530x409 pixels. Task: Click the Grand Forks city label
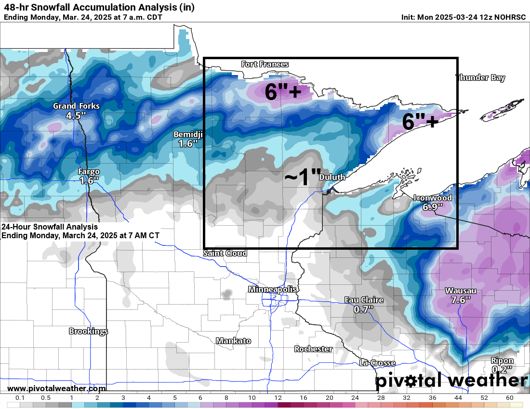tap(76, 106)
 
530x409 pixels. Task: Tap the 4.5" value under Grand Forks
tap(76, 115)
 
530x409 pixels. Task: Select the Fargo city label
tap(89, 172)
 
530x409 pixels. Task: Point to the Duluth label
tap(332, 177)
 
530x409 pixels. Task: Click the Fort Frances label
tap(265, 64)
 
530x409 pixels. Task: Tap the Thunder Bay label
tap(481, 77)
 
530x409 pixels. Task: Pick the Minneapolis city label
tap(272, 289)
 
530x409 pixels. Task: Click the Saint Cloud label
tap(225, 253)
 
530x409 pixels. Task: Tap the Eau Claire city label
tap(364, 300)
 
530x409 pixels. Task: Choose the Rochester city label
tap(314, 349)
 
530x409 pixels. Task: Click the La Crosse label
tap(377, 363)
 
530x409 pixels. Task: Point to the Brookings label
tap(88, 331)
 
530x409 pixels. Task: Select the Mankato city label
tap(233, 341)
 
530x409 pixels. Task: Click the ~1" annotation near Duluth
tap(302, 177)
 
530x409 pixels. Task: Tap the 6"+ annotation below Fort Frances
tap(283, 91)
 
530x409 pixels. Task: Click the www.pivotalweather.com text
tap(56, 388)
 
